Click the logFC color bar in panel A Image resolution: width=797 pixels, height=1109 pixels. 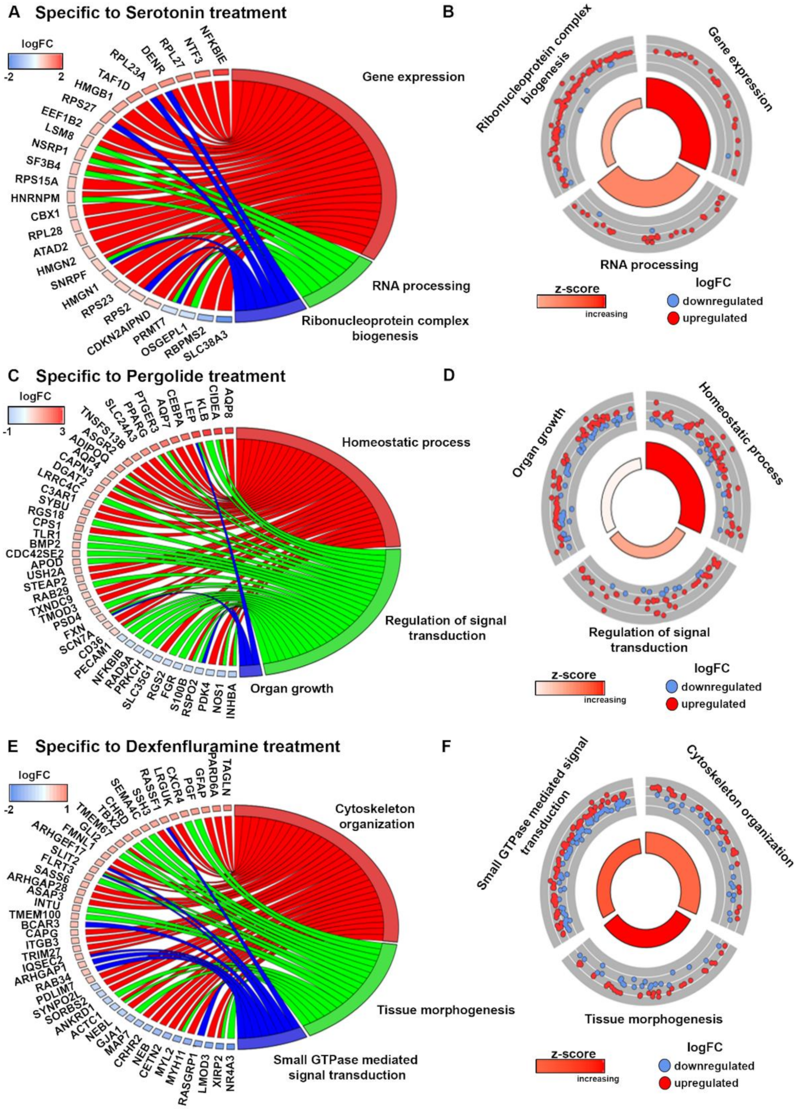[x=35, y=60]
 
